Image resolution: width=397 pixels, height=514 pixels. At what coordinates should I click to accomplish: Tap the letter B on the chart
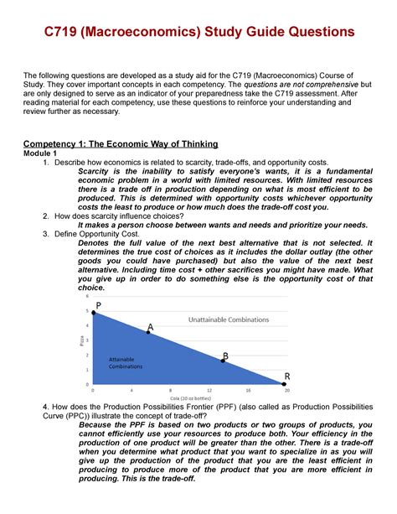pyautogui.click(x=225, y=356)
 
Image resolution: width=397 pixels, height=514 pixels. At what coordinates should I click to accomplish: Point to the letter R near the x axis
pyautogui.click(x=287, y=375)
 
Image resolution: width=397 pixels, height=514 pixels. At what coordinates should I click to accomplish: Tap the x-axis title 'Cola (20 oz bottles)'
pyautogui.click(x=189, y=397)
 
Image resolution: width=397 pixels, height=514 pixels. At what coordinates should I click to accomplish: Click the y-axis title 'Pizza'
pyautogui.click(x=82, y=340)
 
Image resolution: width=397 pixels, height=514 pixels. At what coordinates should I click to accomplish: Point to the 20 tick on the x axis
pyautogui.click(x=287, y=390)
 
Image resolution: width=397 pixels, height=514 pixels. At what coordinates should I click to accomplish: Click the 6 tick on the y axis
pyautogui.click(x=88, y=297)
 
